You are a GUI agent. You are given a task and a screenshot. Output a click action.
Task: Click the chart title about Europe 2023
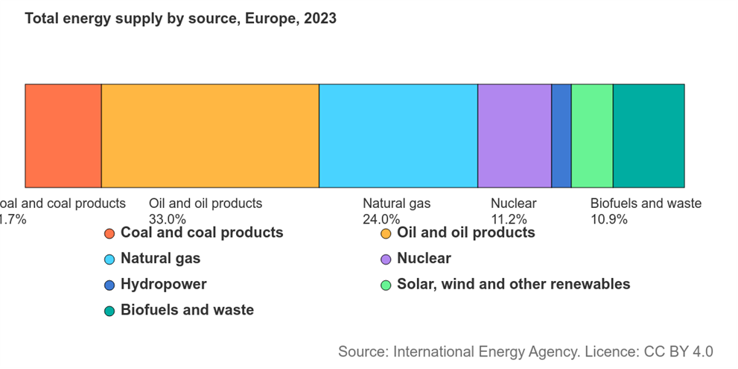180,19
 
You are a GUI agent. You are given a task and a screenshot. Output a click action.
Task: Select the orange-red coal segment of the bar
63,135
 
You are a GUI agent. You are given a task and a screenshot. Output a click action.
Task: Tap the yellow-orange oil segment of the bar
210,135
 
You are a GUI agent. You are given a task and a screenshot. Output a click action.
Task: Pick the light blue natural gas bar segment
398,135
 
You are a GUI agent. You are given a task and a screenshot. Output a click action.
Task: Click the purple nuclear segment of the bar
514,135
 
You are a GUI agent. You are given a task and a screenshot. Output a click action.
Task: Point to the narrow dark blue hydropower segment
561,135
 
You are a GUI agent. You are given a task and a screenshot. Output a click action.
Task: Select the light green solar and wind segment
592,135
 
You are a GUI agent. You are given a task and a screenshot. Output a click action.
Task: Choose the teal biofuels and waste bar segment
649,135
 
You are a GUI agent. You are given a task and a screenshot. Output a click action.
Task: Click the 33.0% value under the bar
168,219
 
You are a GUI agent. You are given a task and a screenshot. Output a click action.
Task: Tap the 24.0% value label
381,219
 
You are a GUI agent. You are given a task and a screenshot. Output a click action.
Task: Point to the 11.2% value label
509,219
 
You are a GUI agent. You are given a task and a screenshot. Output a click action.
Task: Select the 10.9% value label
609,219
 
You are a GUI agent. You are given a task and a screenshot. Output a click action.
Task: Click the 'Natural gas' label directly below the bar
396,204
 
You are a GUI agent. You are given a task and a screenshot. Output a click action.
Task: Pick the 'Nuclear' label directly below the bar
513,204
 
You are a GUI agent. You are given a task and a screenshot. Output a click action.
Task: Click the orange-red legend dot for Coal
109,233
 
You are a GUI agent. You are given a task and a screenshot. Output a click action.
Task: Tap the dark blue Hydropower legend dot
109,285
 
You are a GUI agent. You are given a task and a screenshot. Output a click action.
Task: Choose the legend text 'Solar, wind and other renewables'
513,284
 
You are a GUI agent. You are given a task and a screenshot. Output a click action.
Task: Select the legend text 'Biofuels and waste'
187,310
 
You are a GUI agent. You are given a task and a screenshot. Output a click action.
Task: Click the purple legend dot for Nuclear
386,259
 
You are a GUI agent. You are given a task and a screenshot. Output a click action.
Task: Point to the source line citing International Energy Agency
526,351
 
